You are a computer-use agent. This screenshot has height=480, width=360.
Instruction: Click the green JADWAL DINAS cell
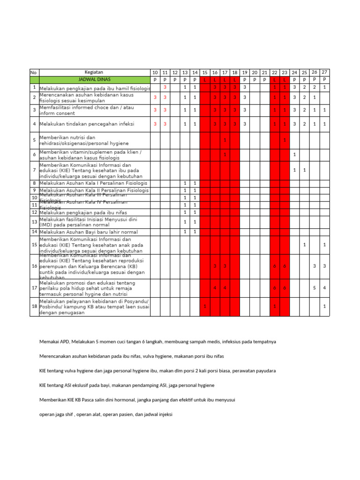pyautogui.click(x=94, y=80)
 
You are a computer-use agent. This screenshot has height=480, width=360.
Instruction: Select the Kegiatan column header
pyautogui.click(x=94, y=72)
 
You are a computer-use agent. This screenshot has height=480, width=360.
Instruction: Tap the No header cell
pyautogui.click(x=34, y=72)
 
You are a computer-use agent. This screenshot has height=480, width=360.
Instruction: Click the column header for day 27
pyautogui.click(x=324, y=72)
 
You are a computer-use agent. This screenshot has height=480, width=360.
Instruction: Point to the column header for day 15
pyautogui.click(x=205, y=73)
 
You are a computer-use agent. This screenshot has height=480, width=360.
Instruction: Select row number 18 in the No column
pyautogui.click(x=34, y=306)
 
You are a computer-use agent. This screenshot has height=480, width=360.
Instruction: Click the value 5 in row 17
pyautogui.click(x=315, y=288)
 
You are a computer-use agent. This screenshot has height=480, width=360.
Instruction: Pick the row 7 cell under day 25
pyautogui.click(x=304, y=170)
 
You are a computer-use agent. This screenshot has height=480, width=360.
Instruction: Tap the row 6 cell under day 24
pyautogui.click(x=294, y=154)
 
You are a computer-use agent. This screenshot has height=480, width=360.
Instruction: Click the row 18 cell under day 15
pyautogui.click(x=205, y=306)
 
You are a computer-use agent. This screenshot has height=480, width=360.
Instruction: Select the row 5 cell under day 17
pyautogui.click(x=225, y=140)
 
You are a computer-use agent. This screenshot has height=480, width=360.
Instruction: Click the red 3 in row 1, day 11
pyautogui.click(x=165, y=87)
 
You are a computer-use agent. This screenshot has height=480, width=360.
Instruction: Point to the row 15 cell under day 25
pyautogui.click(x=304, y=245)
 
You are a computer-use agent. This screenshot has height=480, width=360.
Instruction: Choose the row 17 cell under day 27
pyautogui.click(x=324, y=288)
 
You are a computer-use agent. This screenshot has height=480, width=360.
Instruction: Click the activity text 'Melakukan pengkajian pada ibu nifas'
pyautogui.click(x=82, y=212)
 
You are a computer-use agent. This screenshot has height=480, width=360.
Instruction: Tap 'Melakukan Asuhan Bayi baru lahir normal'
pyautogui.click(x=89, y=232)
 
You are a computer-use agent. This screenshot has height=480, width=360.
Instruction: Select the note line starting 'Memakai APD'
pyautogui.click(x=157, y=342)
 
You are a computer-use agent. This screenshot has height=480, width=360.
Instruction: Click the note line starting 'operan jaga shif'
pyautogui.click(x=106, y=414)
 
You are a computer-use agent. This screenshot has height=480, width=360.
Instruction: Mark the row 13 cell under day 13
pyautogui.click(x=185, y=222)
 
